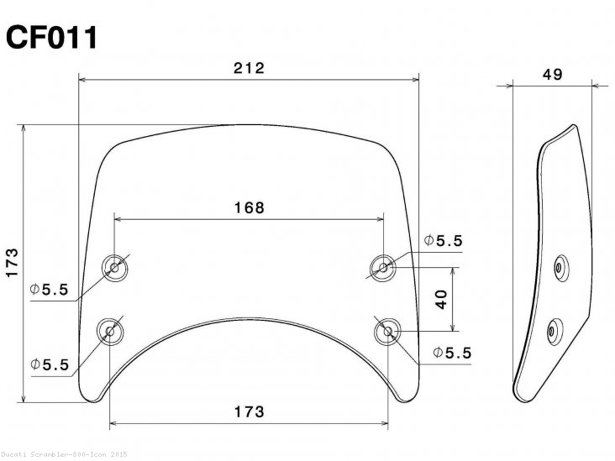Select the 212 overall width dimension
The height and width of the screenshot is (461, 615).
coord(250,68)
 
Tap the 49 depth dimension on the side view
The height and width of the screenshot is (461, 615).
coord(552,74)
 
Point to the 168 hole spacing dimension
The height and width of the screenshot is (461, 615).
coord(250,207)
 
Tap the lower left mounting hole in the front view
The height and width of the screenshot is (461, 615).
coord(109,333)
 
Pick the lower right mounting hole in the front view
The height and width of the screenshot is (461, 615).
coord(388,332)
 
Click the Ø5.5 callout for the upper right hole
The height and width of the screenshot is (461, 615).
coord(444,241)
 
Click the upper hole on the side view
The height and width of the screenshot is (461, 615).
coord(560,268)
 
